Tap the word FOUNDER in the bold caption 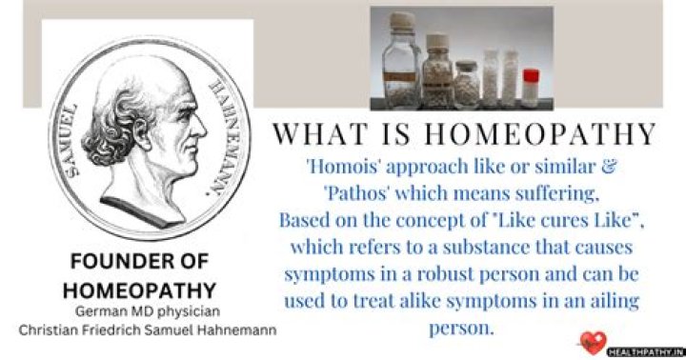[x=102, y=261]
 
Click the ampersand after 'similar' [x=612, y=168]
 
